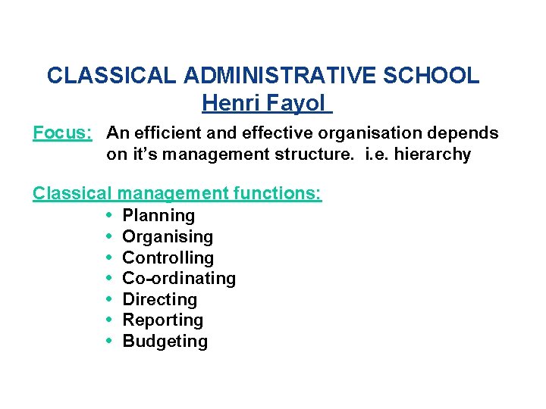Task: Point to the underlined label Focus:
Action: point(62,134)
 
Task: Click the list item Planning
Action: point(158,216)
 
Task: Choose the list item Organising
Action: point(168,237)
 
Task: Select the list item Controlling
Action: point(168,258)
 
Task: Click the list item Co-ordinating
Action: point(179,279)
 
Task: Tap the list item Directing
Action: point(159,300)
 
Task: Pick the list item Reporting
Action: point(162,320)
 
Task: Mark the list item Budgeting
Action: point(165,342)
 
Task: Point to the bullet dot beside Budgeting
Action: point(111,342)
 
